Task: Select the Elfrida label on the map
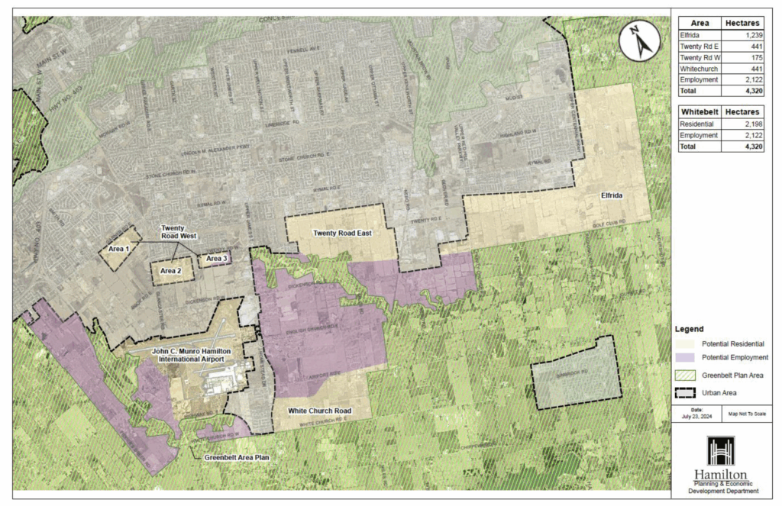pyautogui.click(x=612, y=196)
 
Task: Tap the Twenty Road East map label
pyautogui.click(x=342, y=233)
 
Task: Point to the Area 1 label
pyautogui.click(x=119, y=250)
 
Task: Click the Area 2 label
pyautogui.click(x=170, y=271)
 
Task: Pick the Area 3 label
pyautogui.click(x=216, y=259)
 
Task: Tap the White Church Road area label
pyautogui.click(x=319, y=411)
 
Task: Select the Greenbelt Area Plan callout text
pyautogui.click(x=236, y=458)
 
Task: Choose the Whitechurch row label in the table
pyautogui.click(x=698, y=69)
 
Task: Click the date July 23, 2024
pyautogui.click(x=696, y=417)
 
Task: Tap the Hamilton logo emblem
pyautogui.click(x=721, y=452)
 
